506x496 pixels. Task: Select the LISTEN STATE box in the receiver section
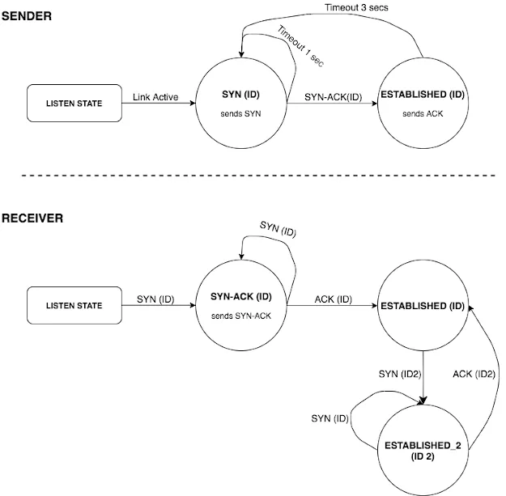74,306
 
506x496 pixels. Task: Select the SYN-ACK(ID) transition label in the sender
333,97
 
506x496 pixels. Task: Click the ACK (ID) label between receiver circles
332,299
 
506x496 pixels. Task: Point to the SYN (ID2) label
399,374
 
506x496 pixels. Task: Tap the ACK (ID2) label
473,374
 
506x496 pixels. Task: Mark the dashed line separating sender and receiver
253,176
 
